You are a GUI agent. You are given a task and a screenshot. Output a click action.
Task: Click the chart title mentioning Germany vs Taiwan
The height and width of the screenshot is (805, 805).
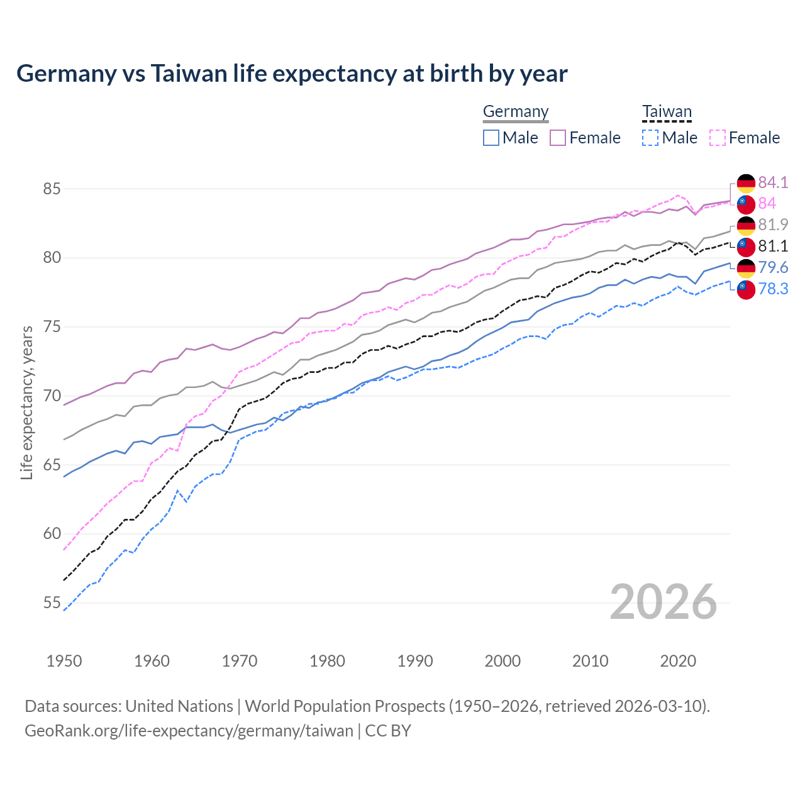coord(292,74)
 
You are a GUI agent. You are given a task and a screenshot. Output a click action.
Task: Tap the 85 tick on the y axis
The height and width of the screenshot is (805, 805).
coord(52,189)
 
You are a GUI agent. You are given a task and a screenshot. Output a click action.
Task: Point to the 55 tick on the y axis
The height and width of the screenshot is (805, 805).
coord(52,603)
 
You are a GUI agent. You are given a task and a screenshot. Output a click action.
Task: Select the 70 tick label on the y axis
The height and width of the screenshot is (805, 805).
coord(52,396)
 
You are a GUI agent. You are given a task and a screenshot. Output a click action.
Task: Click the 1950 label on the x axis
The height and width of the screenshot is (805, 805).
coord(64,661)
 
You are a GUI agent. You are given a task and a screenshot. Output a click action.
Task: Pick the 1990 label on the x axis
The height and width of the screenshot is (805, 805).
coord(415,661)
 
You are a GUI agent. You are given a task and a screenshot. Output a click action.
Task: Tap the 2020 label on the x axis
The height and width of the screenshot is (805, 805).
coord(678,661)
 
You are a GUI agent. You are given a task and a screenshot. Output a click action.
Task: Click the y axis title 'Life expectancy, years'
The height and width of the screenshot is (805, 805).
coord(26,402)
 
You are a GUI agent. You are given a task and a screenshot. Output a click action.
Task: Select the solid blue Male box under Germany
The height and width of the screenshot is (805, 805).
coord(491,138)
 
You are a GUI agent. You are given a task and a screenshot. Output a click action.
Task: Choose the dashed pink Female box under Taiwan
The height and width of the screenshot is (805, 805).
coord(718,138)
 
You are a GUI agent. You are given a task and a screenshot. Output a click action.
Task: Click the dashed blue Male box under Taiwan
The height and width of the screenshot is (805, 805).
coord(650,138)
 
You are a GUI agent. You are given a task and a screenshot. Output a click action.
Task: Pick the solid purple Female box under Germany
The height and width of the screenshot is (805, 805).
coord(558,138)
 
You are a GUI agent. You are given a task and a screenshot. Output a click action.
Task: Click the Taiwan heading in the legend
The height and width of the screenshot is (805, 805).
coord(667,112)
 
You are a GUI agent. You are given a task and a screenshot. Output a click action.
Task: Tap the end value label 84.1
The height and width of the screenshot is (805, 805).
coord(773,182)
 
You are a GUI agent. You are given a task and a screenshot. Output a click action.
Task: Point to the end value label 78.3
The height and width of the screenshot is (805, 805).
coord(773,289)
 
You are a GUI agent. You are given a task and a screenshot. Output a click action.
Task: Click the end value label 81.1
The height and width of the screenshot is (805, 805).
coord(773,247)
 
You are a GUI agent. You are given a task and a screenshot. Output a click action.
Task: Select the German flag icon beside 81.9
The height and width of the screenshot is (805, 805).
coord(746,225)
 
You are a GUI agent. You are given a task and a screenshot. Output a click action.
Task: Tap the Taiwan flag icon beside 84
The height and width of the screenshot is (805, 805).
coord(746,204)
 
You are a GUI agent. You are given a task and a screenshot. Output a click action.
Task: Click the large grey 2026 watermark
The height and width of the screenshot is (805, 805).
coord(663,602)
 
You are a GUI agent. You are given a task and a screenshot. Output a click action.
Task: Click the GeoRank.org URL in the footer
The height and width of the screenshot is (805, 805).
coord(189,731)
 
